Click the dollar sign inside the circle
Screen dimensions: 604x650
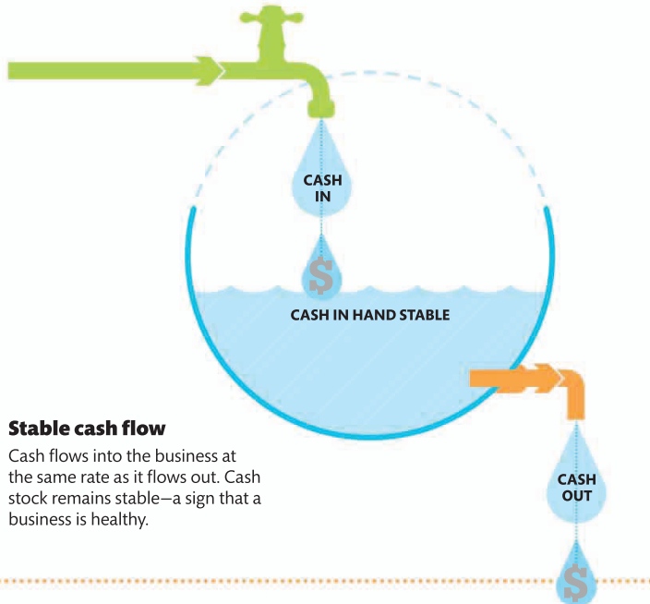pos(321,272)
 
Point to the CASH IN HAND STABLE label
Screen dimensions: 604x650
pos(370,315)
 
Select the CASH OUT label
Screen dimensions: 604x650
pos(576,487)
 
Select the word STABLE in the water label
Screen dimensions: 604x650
pos(421,315)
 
